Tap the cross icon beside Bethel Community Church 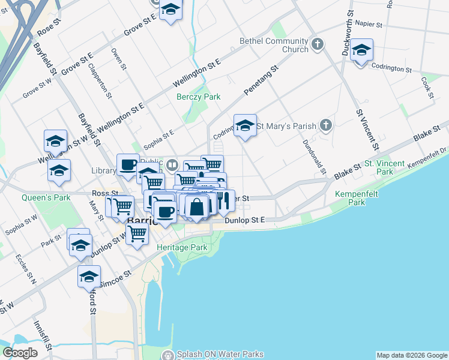pyautogui.click(x=318, y=44)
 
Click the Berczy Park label pyautogui.click(x=198, y=97)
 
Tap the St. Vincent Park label pyautogui.click(x=378, y=167)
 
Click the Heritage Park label pyautogui.click(x=181, y=247)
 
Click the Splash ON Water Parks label pyautogui.click(x=219, y=355)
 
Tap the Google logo pyautogui.click(x=20, y=353)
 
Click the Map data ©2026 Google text pyautogui.click(x=412, y=355)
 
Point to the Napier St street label pyautogui.click(x=369, y=25)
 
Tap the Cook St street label pyautogui.click(x=427, y=88)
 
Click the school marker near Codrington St pyautogui.click(x=361, y=51)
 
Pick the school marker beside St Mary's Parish pyautogui.click(x=245, y=125)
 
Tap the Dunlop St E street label pyautogui.click(x=245, y=221)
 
